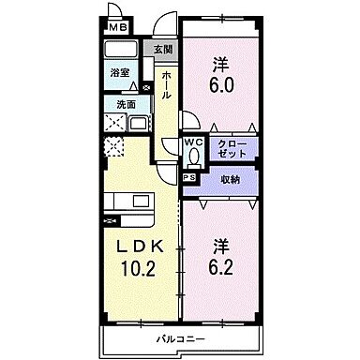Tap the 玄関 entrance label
[x=164, y=50]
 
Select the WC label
[x=192, y=142]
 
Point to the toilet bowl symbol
[x=192, y=157]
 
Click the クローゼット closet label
[x=232, y=149]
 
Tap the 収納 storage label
[x=229, y=178]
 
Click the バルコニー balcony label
[x=175, y=336]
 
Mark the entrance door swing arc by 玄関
[x=165, y=26]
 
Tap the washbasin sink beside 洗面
[x=137, y=125]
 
